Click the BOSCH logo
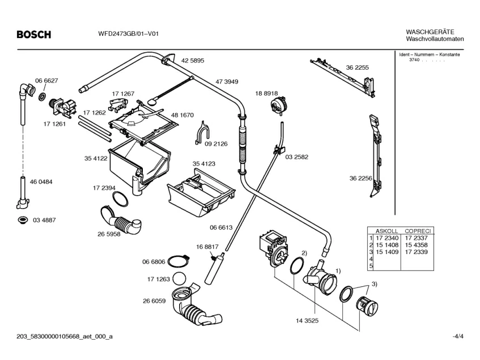click(34, 34)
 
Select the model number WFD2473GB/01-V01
click(128, 33)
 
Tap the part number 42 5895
click(193, 61)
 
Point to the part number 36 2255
click(357, 67)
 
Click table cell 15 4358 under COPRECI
click(416, 245)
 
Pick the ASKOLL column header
click(386, 231)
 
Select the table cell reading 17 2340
click(387, 238)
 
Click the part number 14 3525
click(307, 320)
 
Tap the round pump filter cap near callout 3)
click(367, 306)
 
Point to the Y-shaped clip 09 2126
click(202, 133)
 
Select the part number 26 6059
click(154, 301)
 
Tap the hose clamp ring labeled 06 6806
click(178, 262)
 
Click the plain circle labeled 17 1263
click(180, 278)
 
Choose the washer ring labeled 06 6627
click(43, 96)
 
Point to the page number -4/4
click(458, 336)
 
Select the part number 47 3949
click(227, 82)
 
